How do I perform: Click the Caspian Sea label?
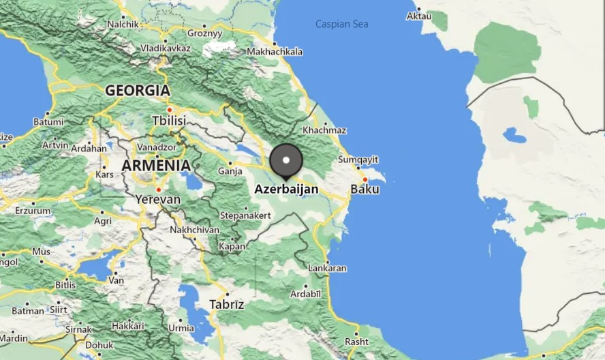[x=341, y=24]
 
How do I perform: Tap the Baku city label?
[x=364, y=189]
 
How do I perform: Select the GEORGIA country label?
[x=138, y=90]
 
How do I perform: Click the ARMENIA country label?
[x=156, y=166]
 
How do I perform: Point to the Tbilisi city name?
[x=168, y=121]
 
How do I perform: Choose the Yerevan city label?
[x=158, y=200]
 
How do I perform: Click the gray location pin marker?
[x=286, y=161]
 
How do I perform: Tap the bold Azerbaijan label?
[x=286, y=189]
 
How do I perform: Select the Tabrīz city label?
[x=227, y=304]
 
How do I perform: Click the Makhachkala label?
[x=275, y=51]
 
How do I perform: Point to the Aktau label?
[x=418, y=16]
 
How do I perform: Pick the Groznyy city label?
[x=204, y=33]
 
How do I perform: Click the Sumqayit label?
[x=358, y=160]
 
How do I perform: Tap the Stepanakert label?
[x=245, y=215]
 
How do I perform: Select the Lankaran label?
[x=327, y=269]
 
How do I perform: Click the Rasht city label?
[x=356, y=342]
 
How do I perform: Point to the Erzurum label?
[x=32, y=211]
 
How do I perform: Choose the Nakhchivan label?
[x=195, y=230]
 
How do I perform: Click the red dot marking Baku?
[x=365, y=180]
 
